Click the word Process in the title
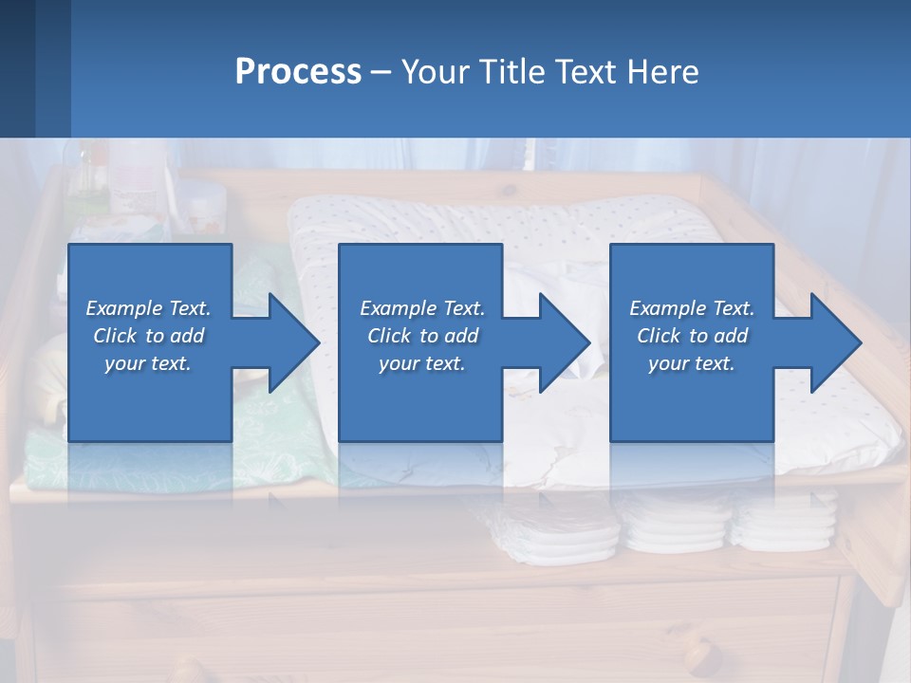click(x=298, y=72)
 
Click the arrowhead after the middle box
click(x=563, y=342)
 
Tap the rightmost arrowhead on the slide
click(x=833, y=342)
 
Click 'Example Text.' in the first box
click(x=149, y=308)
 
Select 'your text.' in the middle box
click(x=421, y=363)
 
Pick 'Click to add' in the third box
click(x=692, y=336)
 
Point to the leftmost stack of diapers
click(x=531, y=536)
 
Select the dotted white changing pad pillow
click(x=493, y=228)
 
